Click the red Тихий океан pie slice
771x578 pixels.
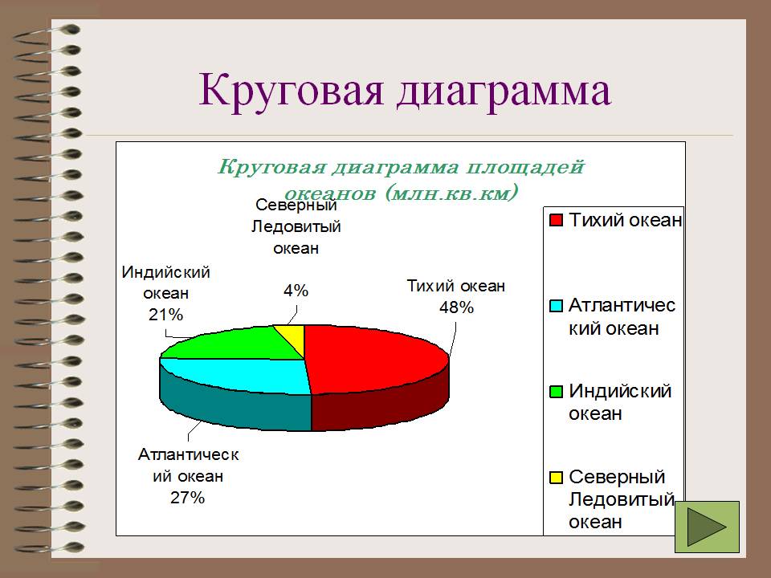pos(373,356)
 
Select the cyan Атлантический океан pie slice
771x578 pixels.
pos(246,376)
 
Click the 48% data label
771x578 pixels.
pos(456,307)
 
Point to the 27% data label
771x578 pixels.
pos(187,498)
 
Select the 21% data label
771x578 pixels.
pos(165,314)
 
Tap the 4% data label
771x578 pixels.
pos(296,291)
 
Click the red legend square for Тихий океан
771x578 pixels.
pos(556,220)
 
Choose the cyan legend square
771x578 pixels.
pos(556,306)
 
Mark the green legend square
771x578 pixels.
pos(556,391)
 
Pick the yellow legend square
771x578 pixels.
pos(556,477)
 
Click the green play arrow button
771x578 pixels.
pos(707,527)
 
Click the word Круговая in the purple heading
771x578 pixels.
pos(291,90)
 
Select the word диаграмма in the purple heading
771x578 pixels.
pos(504,91)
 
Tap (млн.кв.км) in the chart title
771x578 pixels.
pos(451,193)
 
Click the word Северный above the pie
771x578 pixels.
pos(296,205)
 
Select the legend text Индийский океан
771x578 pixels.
pos(620,402)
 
